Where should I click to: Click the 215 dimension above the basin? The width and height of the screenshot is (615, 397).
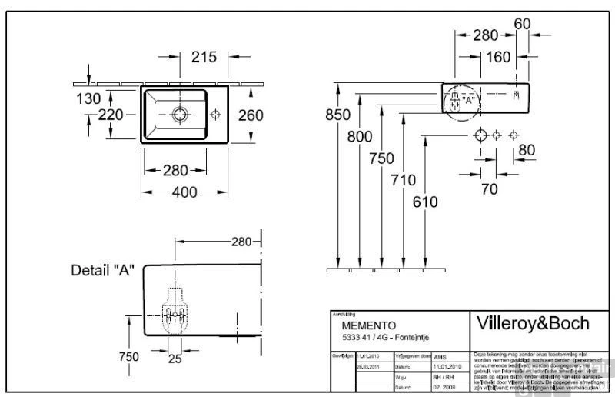(x=203, y=56)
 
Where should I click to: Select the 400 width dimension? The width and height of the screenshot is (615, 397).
(x=183, y=192)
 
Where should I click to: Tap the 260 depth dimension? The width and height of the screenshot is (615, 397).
(x=250, y=115)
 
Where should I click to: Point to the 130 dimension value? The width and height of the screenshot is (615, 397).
(x=88, y=98)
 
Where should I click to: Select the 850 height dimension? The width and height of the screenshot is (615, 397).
(x=337, y=116)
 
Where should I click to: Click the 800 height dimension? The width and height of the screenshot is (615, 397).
(x=359, y=138)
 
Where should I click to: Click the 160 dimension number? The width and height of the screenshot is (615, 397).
(x=498, y=56)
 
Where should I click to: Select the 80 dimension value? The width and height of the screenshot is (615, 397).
(x=526, y=149)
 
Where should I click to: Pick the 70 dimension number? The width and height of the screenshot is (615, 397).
(x=489, y=188)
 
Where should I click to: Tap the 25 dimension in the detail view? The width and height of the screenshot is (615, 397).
(x=176, y=359)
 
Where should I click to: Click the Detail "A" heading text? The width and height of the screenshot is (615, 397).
(x=103, y=270)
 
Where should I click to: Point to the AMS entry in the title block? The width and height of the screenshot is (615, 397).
(x=440, y=358)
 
